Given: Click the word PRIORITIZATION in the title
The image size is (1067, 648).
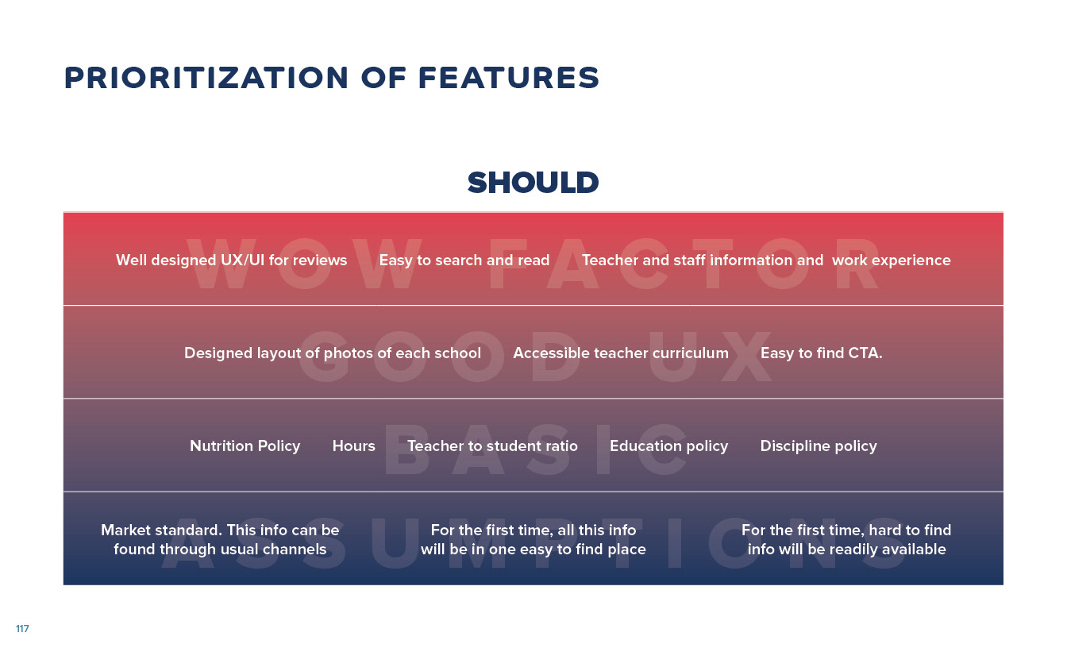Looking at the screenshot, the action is click(x=206, y=78).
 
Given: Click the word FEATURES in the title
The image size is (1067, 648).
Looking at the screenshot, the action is click(x=509, y=78).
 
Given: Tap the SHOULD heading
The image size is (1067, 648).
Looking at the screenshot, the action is click(x=533, y=183).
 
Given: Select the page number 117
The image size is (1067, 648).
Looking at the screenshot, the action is click(x=22, y=628).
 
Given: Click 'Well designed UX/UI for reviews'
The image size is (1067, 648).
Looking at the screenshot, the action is click(x=232, y=260).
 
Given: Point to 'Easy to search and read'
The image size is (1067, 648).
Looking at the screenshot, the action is click(x=464, y=260).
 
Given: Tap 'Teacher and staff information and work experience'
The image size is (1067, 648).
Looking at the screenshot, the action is click(x=766, y=260).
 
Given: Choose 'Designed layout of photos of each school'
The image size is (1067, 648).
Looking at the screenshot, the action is click(x=333, y=353).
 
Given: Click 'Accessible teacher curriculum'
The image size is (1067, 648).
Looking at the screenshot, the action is click(x=621, y=353).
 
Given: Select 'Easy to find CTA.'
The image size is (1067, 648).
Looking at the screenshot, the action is click(x=821, y=353).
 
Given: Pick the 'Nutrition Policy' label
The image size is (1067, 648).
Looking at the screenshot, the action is click(x=245, y=446).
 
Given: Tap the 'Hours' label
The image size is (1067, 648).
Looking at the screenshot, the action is click(x=353, y=446).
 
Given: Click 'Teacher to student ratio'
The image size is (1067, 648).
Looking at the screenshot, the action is click(x=492, y=446).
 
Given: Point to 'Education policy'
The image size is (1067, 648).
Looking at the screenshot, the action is click(x=668, y=446).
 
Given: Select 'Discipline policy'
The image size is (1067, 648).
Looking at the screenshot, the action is click(x=819, y=446).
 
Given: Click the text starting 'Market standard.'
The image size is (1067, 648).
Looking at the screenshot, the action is click(x=220, y=539).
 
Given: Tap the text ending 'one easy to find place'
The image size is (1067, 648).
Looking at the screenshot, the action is click(x=533, y=539).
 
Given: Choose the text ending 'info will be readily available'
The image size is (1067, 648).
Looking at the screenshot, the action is click(x=846, y=539).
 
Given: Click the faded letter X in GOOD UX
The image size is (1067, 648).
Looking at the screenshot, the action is click(x=746, y=357).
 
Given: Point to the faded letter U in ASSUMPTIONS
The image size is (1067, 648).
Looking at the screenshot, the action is click(x=395, y=543).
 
